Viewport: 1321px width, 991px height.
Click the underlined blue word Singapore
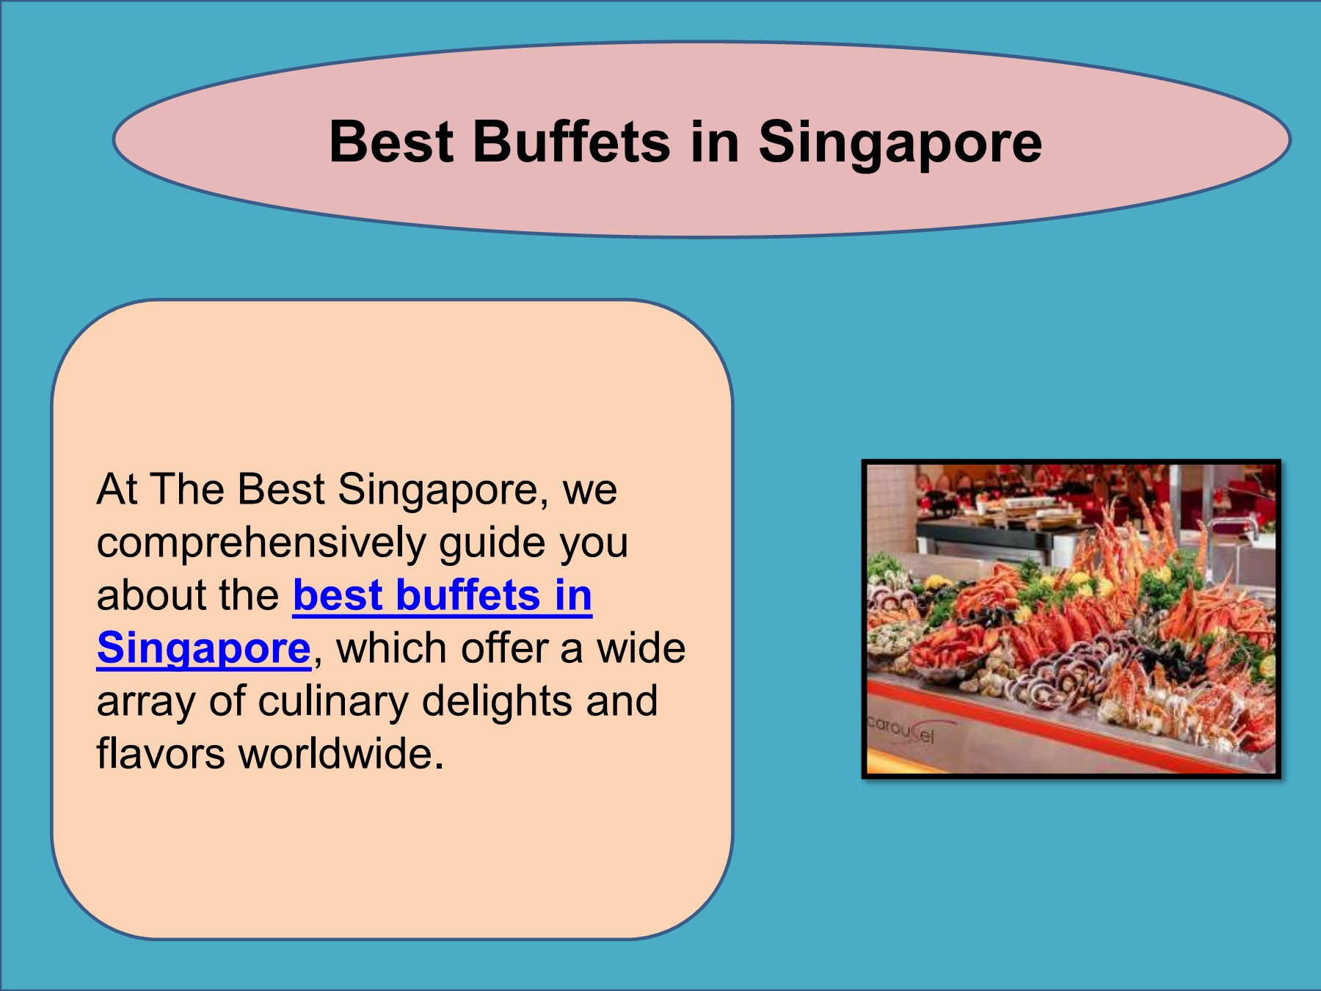click(204, 648)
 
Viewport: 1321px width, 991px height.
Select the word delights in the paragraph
click(498, 700)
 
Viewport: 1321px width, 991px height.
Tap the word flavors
click(160, 753)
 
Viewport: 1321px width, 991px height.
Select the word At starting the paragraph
click(117, 490)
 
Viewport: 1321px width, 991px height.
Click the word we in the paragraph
click(589, 490)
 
